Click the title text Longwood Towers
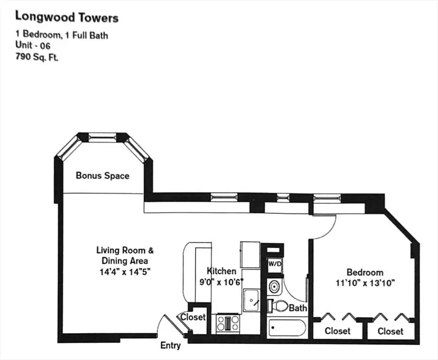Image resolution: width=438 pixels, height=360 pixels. (x=67, y=18)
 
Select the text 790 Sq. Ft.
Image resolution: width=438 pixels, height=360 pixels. (x=36, y=56)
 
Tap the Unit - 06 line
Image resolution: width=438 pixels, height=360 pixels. (x=33, y=45)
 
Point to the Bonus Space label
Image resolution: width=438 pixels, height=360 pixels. (x=102, y=176)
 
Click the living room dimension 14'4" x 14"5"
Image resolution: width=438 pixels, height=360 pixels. (x=125, y=272)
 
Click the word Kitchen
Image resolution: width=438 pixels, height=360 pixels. (x=221, y=271)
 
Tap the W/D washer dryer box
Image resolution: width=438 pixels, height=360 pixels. (x=274, y=263)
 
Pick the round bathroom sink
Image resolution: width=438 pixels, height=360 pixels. (x=274, y=287)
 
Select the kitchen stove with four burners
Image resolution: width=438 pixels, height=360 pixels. (x=227, y=323)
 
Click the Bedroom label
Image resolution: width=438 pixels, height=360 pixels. (x=365, y=272)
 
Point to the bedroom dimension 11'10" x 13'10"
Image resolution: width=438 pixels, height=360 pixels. (x=365, y=282)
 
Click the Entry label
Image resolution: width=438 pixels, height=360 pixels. (x=170, y=345)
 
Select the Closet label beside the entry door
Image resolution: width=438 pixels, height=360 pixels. (x=193, y=317)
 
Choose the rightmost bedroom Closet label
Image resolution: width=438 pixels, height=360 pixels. (x=390, y=331)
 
